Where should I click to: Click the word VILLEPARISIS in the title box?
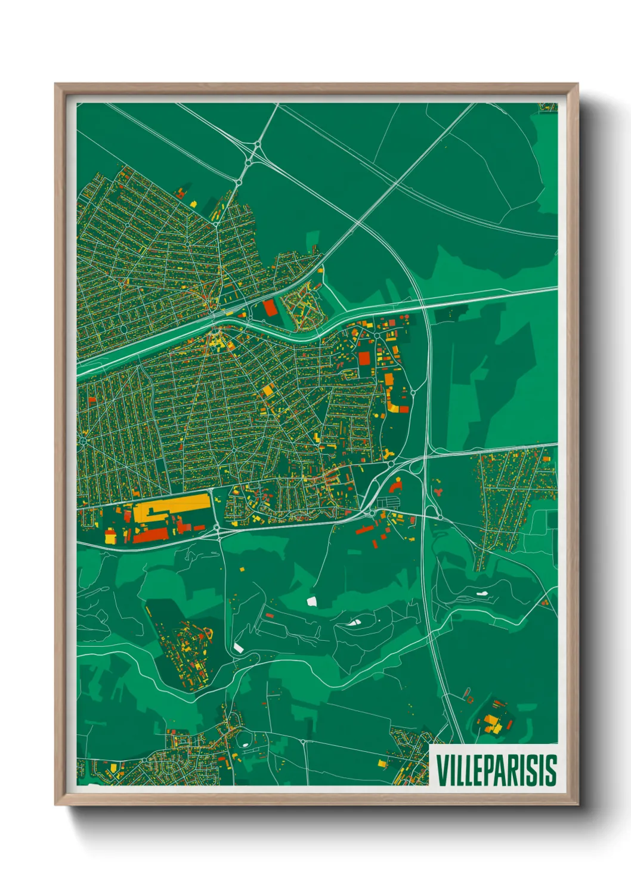pyautogui.click(x=496, y=770)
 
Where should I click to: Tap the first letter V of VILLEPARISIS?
pyautogui.click(x=442, y=770)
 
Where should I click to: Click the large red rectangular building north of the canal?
pyautogui.click(x=270, y=308)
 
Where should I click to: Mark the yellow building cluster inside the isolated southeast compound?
pyautogui.click(x=492, y=724)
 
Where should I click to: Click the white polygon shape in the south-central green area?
pyautogui.click(x=311, y=601)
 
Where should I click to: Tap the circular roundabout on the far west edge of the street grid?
pyautogui.click(x=83, y=440)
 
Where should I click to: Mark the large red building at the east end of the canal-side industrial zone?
pyautogui.click(x=364, y=358)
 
